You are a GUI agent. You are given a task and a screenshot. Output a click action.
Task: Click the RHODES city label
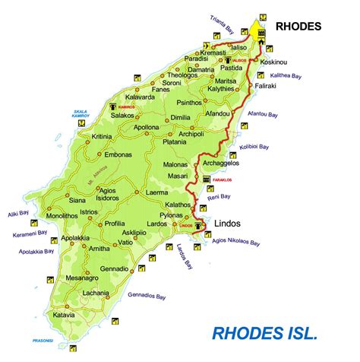(299, 26)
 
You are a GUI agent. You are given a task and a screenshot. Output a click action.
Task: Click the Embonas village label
(118, 154)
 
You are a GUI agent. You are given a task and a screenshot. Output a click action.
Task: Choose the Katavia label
(65, 314)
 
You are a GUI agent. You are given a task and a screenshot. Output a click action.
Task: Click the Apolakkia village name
(78, 238)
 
